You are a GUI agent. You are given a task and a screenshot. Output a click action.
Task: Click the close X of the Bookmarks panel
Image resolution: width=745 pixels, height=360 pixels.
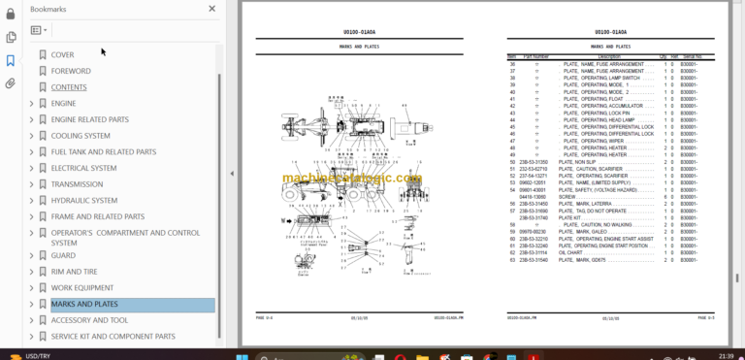[x=212, y=9]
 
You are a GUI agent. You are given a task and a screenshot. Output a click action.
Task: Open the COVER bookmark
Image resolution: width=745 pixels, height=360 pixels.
[x=62, y=55]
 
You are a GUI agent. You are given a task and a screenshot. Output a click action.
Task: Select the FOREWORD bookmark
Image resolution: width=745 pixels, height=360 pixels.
[x=71, y=71]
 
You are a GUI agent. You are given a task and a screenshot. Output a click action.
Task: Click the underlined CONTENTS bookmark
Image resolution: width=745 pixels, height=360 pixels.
[x=69, y=87]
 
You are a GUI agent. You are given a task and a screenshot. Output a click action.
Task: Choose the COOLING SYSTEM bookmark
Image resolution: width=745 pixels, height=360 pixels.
[x=81, y=136]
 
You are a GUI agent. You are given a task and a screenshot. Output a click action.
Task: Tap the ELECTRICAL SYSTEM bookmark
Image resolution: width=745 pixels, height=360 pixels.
[x=83, y=168]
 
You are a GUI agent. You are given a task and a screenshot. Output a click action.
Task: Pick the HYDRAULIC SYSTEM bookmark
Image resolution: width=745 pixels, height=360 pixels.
[x=84, y=201]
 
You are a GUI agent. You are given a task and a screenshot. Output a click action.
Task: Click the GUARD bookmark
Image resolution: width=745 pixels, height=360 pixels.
[x=62, y=255]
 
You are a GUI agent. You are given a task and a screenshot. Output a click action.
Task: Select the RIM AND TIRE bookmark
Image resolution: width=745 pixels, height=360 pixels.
[x=74, y=272]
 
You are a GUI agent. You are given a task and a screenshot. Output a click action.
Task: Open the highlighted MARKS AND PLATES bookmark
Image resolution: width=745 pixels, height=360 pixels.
[x=84, y=305]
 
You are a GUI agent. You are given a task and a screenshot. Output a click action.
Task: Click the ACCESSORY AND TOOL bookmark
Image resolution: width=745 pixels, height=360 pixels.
[x=89, y=320]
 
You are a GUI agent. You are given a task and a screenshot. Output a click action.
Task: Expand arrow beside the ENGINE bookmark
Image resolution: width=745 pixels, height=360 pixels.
[x=31, y=104]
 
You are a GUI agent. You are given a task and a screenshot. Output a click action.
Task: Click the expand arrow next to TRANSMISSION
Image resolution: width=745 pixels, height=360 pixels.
[x=31, y=184]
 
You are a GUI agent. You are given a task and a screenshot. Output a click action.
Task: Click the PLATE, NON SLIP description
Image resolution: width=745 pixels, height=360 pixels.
[x=579, y=161]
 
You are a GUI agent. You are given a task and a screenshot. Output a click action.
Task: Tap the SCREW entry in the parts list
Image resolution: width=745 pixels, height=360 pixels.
[x=569, y=197]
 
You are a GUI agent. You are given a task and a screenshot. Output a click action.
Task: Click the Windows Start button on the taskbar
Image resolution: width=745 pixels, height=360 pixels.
[x=242, y=355]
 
